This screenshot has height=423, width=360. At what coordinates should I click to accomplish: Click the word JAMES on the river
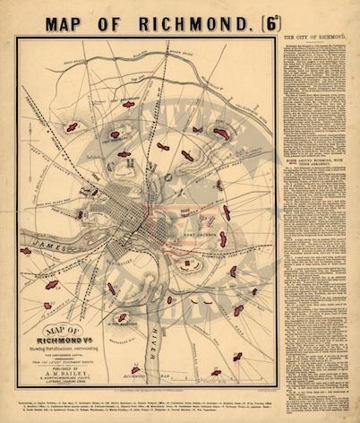tap(45, 241)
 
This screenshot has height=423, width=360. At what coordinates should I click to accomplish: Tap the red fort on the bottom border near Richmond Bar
tap(135, 369)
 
